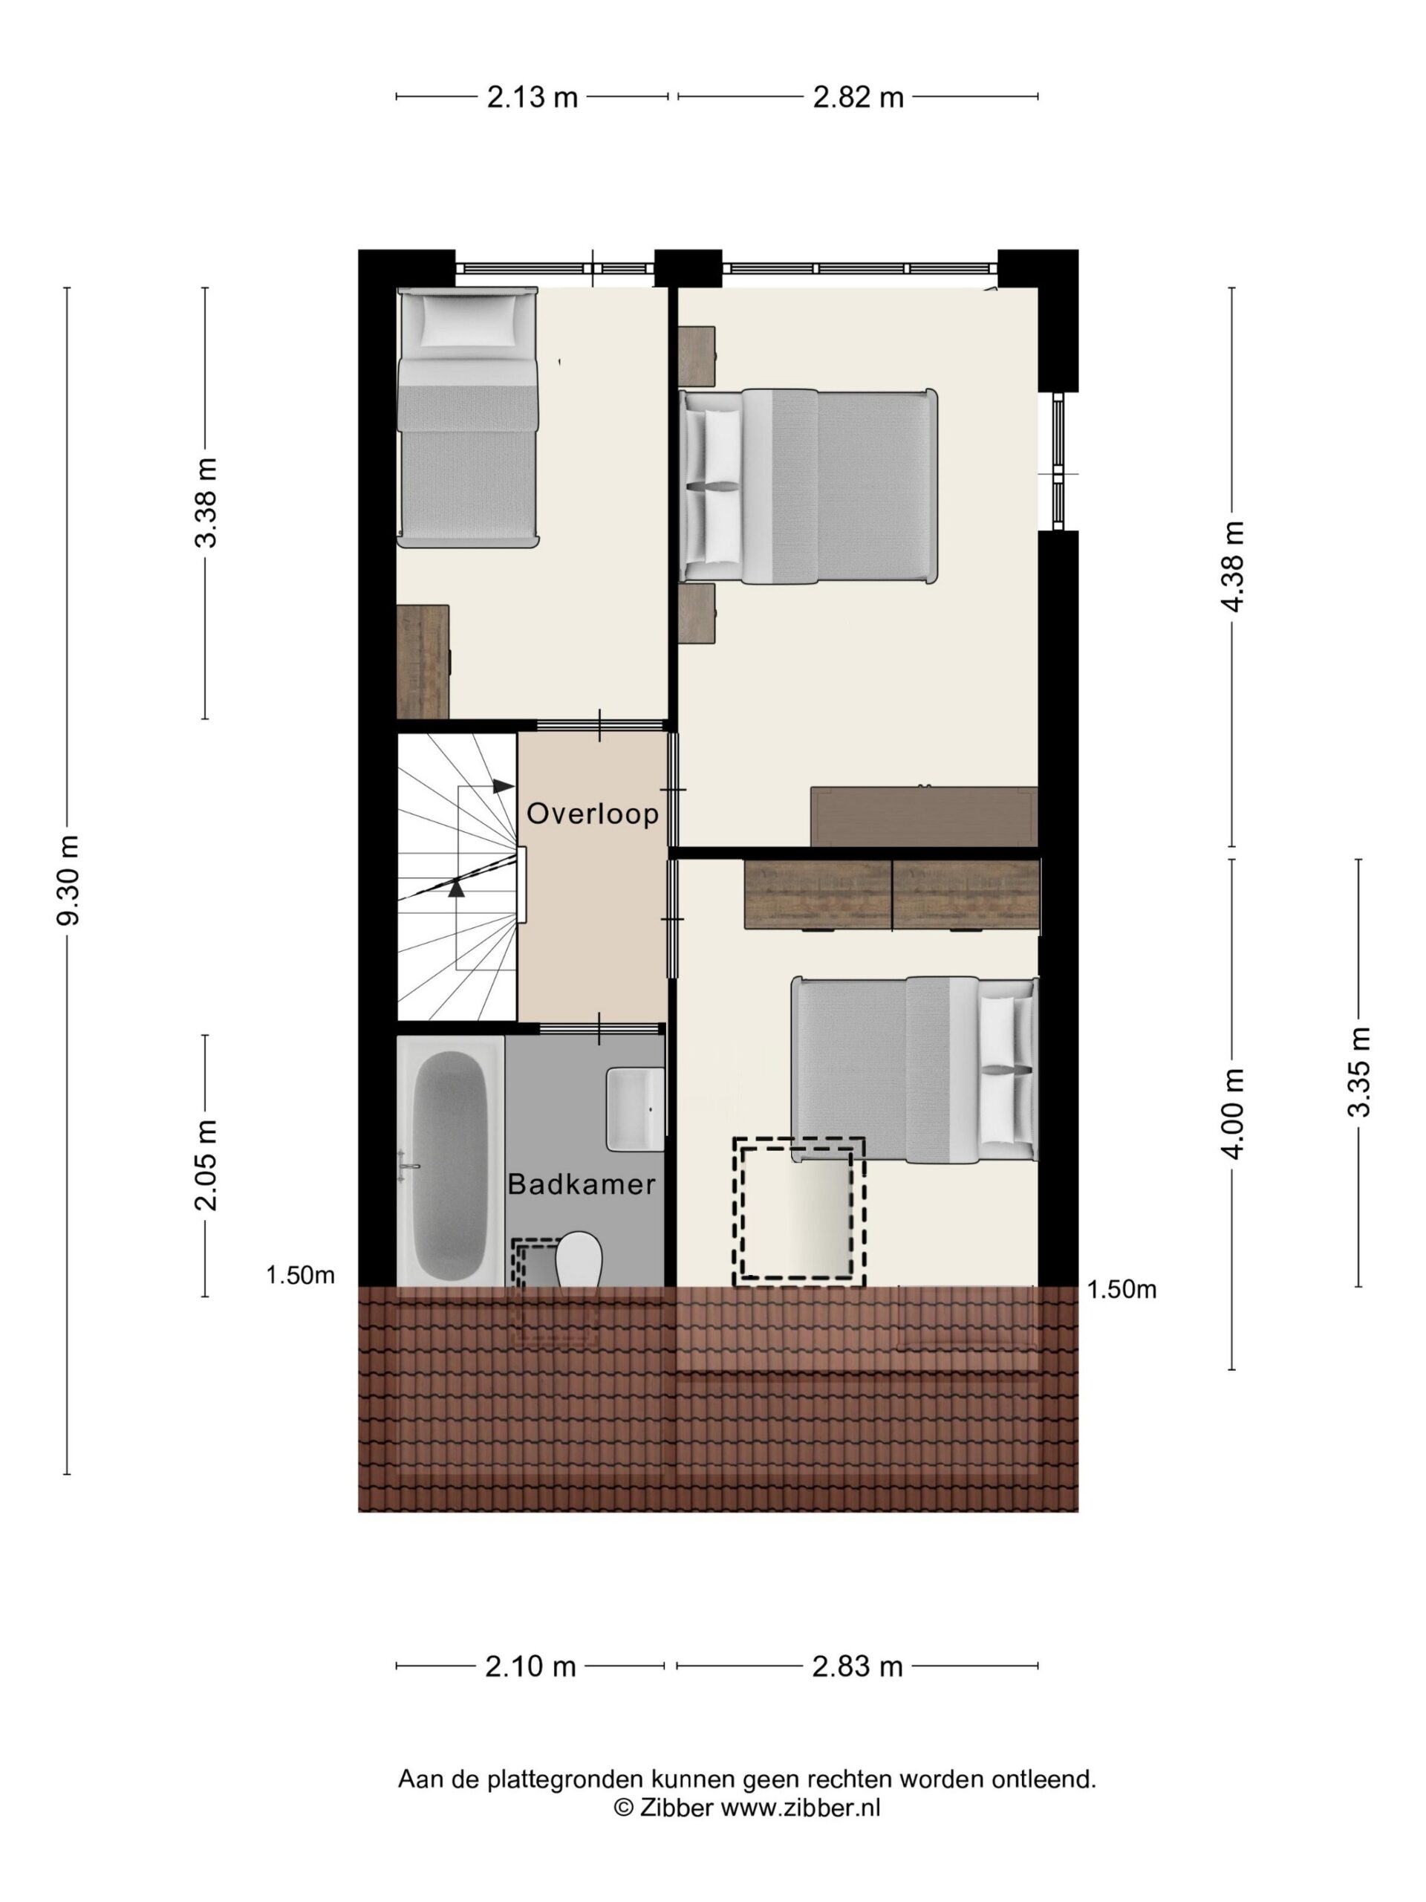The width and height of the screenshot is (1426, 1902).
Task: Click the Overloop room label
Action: click(592, 814)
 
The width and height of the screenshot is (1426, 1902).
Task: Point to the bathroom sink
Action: click(635, 1109)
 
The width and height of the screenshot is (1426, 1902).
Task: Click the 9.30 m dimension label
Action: click(67, 880)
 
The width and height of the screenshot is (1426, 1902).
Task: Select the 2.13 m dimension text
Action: click(532, 97)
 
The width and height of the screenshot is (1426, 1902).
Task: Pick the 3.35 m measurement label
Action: click(1358, 1071)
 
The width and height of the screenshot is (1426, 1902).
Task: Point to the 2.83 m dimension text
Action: click(857, 1667)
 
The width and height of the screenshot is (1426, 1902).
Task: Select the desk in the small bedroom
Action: click(423, 661)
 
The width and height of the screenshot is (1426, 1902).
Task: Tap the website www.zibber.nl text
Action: click(800, 1808)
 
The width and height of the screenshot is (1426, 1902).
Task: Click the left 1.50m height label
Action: click(300, 1275)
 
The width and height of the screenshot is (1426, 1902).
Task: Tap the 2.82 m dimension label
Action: click(858, 97)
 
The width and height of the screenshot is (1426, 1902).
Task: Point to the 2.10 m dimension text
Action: click(530, 1667)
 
